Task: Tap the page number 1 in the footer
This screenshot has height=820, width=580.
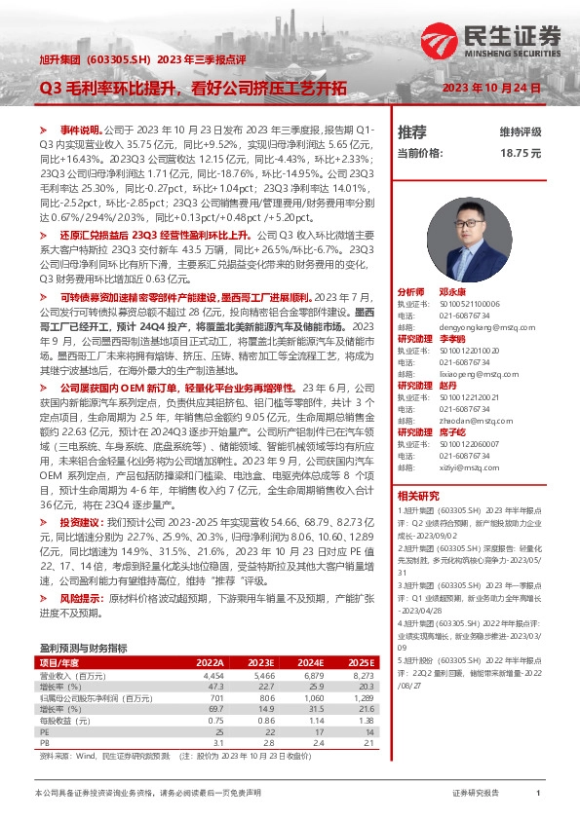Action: pyautogui.click(x=538, y=794)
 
